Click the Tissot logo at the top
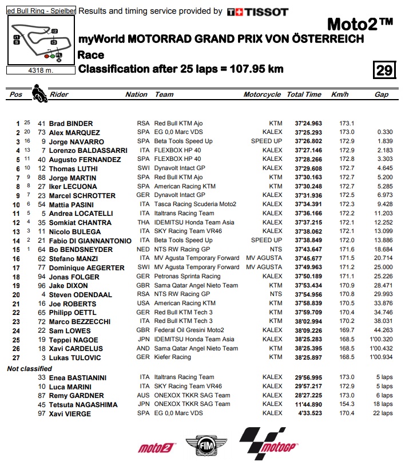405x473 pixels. (x=257, y=11)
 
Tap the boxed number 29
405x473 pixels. (x=384, y=70)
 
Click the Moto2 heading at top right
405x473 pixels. (x=360, y=25)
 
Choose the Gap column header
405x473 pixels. (x=382, y=94)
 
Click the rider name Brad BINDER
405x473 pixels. (x=71, y=124)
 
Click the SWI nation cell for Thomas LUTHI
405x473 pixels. (x=142, y=168)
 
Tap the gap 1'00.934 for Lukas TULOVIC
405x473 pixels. (x=380, y=357)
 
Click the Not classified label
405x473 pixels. (x=29, y=369)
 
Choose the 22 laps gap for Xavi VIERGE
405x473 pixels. (x=382, y=413)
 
